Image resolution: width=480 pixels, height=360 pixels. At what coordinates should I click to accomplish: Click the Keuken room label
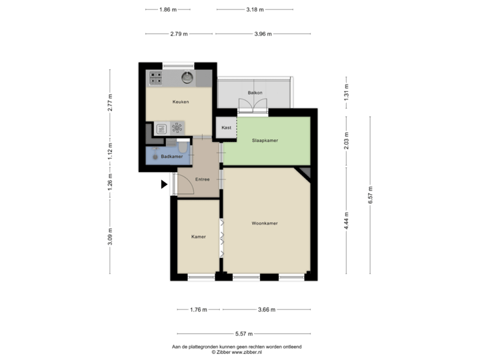tap(180, 102)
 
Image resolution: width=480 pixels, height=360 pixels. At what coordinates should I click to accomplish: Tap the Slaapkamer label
tap(265, 141)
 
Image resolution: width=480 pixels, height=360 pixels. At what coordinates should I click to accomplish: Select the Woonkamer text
tap(265, 223)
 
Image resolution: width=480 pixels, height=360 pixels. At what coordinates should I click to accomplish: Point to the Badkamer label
tap(172, 157)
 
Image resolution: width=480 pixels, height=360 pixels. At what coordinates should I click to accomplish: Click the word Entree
tap(203, 179)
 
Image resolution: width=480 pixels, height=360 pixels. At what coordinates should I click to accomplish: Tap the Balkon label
tap(254, 93)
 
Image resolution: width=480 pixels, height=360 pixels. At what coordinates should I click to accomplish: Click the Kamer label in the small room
tap(198, 237)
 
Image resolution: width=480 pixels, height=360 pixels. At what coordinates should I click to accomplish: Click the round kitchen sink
tap(187, 78)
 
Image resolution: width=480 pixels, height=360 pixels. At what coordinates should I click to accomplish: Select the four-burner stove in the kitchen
tap(156, 78)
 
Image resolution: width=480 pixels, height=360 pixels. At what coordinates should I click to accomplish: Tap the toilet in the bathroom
tap(183, 147)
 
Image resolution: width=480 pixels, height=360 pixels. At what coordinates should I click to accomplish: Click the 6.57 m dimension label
tap(370, 194)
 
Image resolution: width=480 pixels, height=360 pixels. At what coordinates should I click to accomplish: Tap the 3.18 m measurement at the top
tap(254, 10)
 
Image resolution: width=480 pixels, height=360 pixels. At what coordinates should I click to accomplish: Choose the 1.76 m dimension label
tap(198, 310)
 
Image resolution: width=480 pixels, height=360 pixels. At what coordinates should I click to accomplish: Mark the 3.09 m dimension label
tap(111, 237)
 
